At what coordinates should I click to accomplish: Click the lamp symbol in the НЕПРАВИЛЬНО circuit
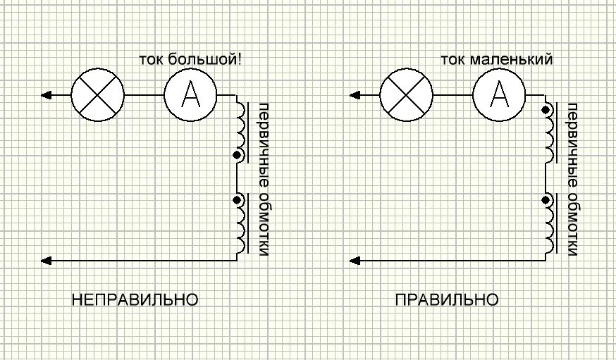click(x=97, y=94)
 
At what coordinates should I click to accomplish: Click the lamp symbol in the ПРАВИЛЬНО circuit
click(x=405, y=94)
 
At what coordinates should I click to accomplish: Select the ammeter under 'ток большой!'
click(x=190, y=94)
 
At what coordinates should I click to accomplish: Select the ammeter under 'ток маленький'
click(x=498, y=94)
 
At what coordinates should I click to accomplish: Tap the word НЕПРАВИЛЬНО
click(x=135, y=300)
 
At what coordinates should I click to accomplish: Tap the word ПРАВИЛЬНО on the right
click(x=447, y=300)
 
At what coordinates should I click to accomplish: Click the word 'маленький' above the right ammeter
click(x=517, y=60)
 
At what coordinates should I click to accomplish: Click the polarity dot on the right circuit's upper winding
click(x=546, y=110)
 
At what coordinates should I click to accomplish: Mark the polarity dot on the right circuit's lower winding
click(x=546, y=201)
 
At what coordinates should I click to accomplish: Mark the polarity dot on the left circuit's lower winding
click(x=237, y=201)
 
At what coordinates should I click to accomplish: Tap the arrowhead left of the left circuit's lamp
click(x=46, y=94)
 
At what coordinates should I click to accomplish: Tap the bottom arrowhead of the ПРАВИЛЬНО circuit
click(x=355, y=261)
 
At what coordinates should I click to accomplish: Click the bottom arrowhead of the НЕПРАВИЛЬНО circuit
click(x=46, y=261)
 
